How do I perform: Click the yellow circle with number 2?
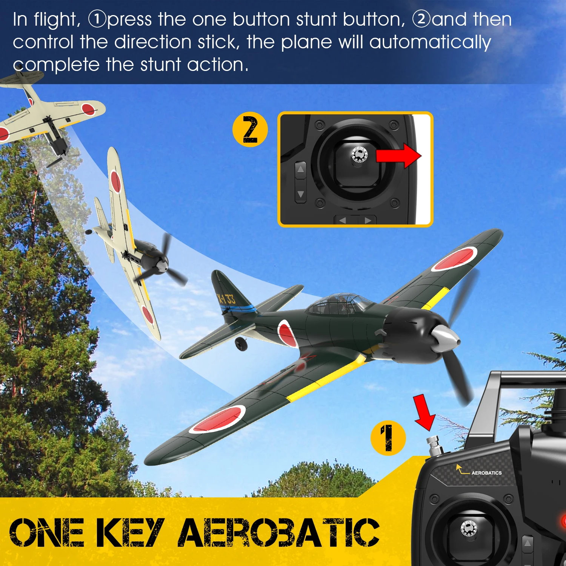click(250, 129)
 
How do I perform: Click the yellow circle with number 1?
click(388, 438)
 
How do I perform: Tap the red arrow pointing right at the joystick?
click(398, 155)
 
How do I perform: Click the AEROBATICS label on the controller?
click(486, 473)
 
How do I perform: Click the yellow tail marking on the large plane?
click(226, 299)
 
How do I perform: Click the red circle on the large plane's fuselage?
click(287, 333)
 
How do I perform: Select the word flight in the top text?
click(57, 20)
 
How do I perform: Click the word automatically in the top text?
click(430, 42)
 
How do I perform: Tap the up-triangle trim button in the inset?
click(300, 169)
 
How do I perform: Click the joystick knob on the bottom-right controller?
click(469, 528)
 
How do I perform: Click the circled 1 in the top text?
click(97, 19)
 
